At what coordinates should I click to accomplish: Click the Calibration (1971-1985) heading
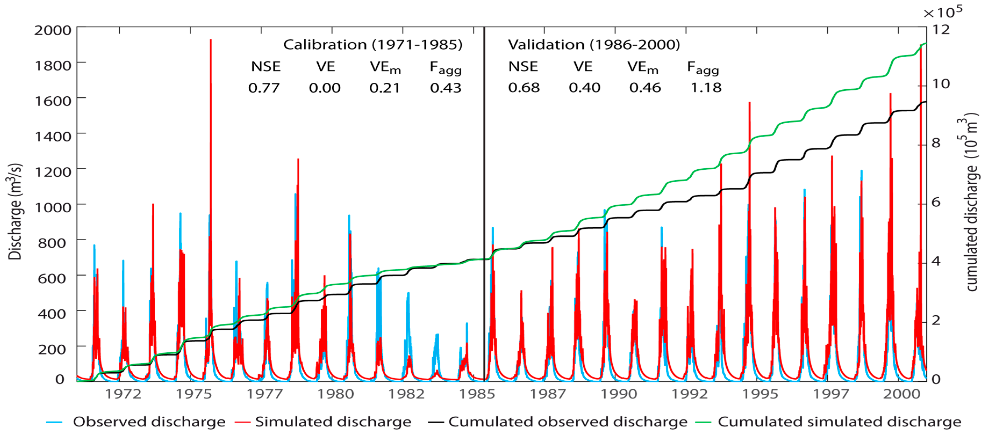pos(372,45)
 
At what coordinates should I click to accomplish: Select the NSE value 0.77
pos(264,88)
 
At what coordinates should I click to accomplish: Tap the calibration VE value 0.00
pos(324,88)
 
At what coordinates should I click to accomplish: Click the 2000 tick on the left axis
pos(53,30)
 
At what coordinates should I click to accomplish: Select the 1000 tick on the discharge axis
pos(53,207)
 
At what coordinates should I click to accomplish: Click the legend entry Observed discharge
pos(149,422)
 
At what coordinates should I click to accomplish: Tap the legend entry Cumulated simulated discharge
pos(839,422)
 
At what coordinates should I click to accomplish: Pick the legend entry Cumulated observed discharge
pos(568,422)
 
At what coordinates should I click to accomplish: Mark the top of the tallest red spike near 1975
pos(210,40)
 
